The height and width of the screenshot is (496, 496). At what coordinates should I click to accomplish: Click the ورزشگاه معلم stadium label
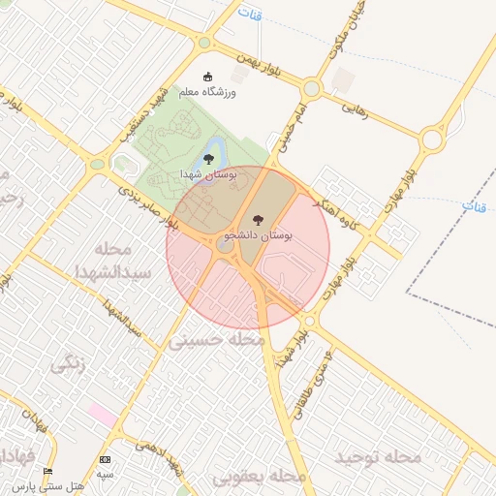pos(207,92)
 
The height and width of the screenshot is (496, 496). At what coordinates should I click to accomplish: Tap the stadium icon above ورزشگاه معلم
pos(206,77)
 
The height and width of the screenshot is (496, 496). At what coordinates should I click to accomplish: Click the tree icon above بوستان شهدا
pos(207,159)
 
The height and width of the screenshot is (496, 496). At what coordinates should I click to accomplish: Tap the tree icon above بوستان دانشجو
pos(257,219)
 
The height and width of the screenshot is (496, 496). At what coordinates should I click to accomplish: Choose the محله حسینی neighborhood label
pos(217,341)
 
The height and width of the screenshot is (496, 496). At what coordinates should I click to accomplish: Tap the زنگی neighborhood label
pos(69,364)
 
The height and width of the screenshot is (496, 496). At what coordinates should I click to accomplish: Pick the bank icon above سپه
pos(105,459)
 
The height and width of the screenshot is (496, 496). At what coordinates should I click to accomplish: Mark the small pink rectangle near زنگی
pos(102,414)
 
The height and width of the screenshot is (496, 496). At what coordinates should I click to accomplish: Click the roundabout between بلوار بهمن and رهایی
pos(311,88)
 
